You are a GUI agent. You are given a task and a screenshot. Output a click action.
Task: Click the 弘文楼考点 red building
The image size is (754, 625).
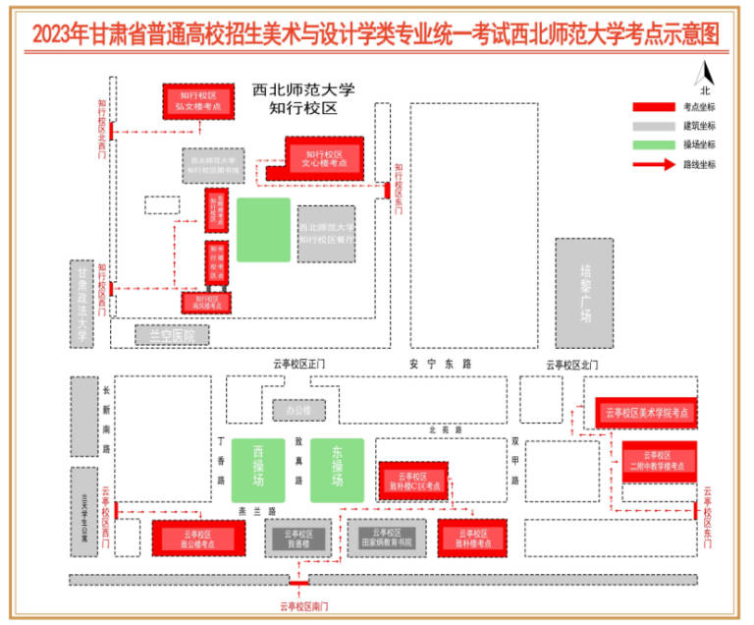(197, 101)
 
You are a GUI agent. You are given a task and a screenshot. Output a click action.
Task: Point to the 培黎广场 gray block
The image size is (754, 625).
(584, 292)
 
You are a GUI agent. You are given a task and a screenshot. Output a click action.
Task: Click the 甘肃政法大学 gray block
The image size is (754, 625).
(83, 304)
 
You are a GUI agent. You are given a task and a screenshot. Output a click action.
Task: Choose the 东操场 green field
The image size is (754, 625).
(337, 470)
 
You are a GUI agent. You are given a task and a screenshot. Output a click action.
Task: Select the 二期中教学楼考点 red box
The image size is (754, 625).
(659, 461)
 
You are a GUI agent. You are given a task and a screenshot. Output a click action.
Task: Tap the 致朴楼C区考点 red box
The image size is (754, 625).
(413, 481)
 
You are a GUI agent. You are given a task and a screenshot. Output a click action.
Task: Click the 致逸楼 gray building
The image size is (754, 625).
(298, 539)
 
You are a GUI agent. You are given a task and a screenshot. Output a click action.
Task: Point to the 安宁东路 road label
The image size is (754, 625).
(441, 364)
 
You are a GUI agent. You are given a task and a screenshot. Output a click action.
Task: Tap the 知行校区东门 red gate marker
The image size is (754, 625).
(388, 190)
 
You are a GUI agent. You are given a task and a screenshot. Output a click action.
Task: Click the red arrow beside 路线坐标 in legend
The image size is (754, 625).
(649, 164)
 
